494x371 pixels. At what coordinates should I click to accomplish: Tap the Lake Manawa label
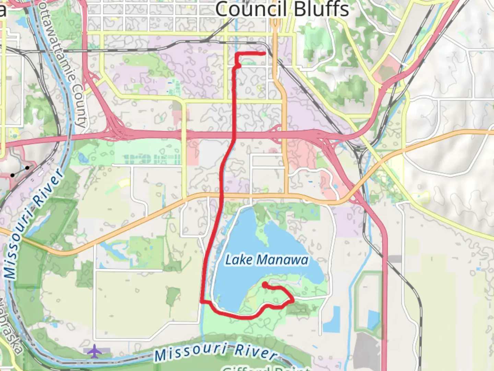click(x=267, y=260)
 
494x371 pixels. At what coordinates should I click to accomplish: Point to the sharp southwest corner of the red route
click(x=202, y=302)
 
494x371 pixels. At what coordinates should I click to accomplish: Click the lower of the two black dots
click(x=12, y=175)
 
